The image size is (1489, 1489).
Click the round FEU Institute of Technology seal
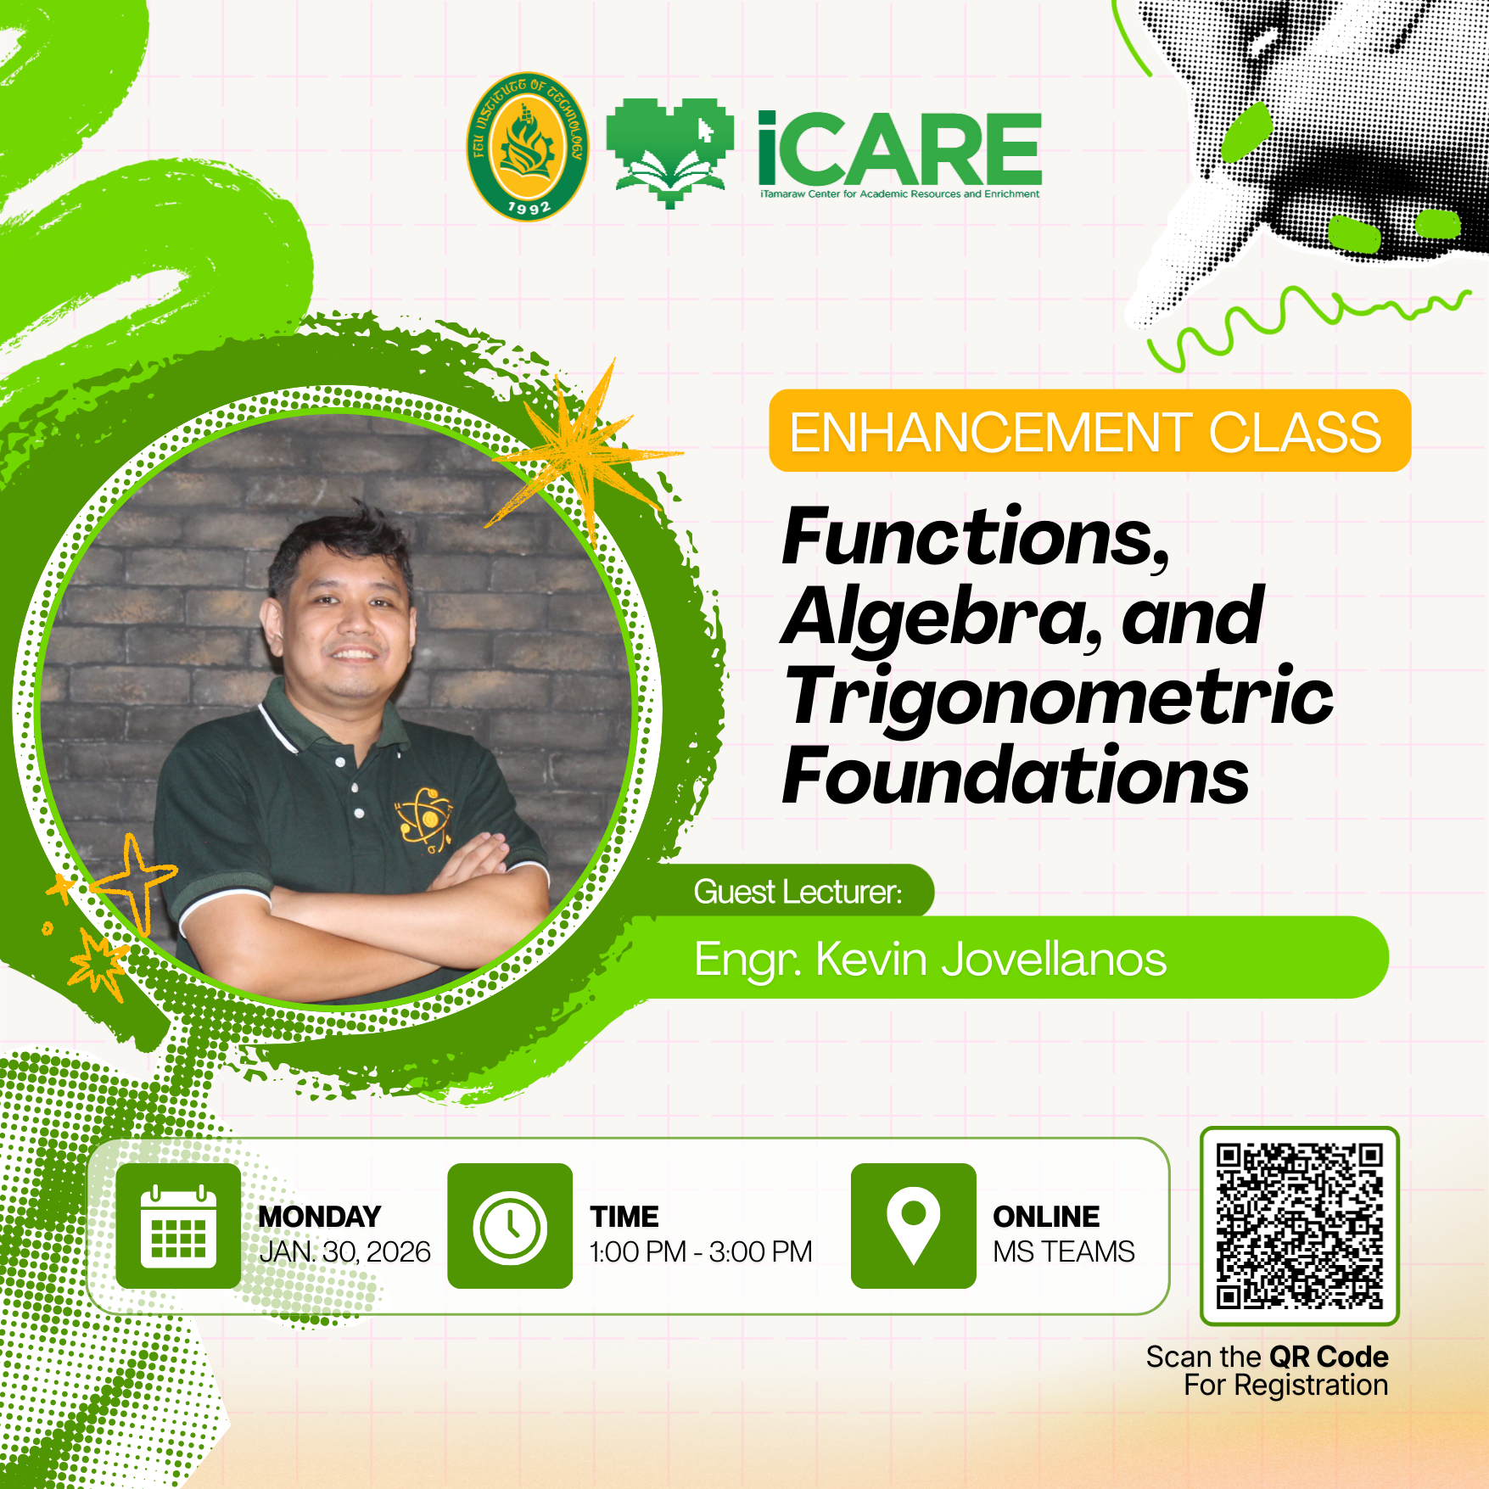[x=528, y=146]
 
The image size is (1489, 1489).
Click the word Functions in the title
[x=976, y=539]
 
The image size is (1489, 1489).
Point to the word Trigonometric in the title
[x=1059, y=697]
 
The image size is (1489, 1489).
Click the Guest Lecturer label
[x=798, y=892]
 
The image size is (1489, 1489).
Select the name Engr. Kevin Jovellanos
[x=931, y=960]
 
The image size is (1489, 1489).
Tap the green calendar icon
[x=178, y=1226]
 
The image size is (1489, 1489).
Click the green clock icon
[x=510, y=1226]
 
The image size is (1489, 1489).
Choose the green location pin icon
[x=913, y=1226]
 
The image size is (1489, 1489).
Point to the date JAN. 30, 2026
[x=345, y=1252]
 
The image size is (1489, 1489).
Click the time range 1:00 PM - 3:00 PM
[x=701, y=1252]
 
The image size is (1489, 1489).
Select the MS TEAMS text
[x=1064, y=1252]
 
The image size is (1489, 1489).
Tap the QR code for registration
[x=1299, y=1226]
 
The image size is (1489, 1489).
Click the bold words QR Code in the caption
[x=1329, y=1357]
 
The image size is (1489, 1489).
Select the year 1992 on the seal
[x=529, y=207]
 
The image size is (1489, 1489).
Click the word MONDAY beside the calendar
[x=320, y=1217]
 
